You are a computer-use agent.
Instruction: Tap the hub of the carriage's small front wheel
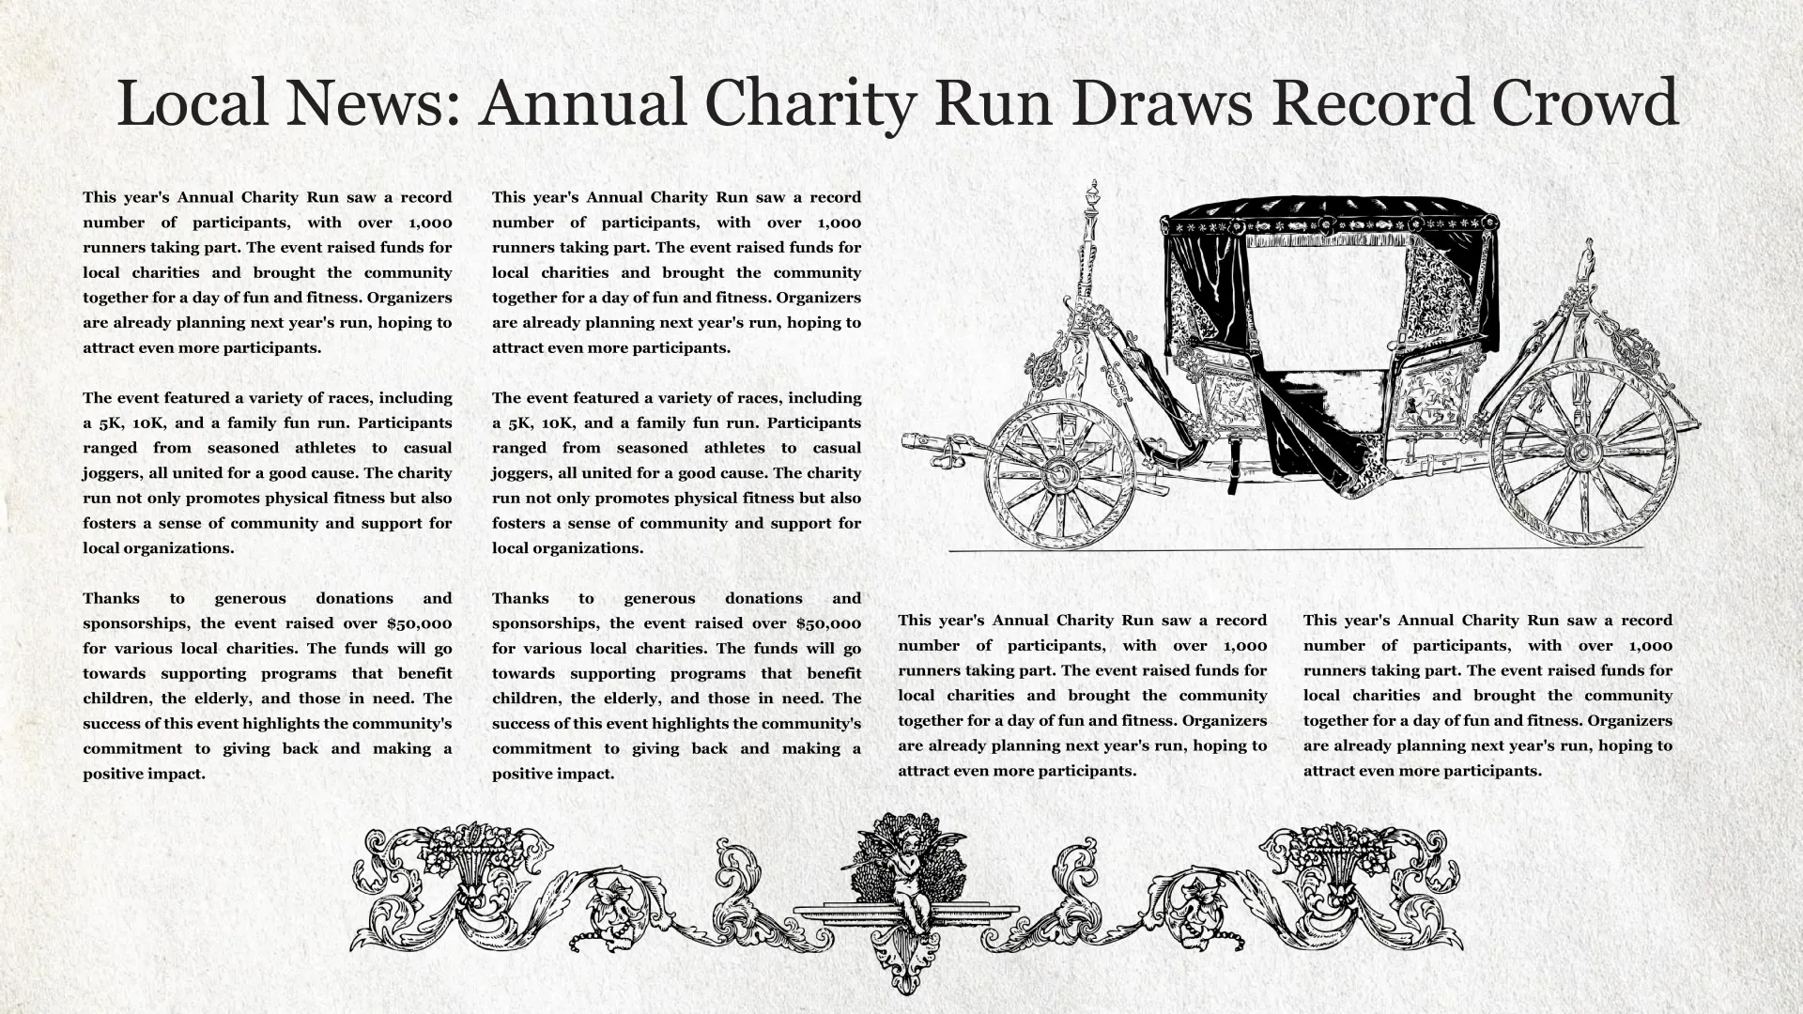(1058, 472)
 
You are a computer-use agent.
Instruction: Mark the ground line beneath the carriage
(1296, 549)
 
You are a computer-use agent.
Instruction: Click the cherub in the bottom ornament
(906, 873)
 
